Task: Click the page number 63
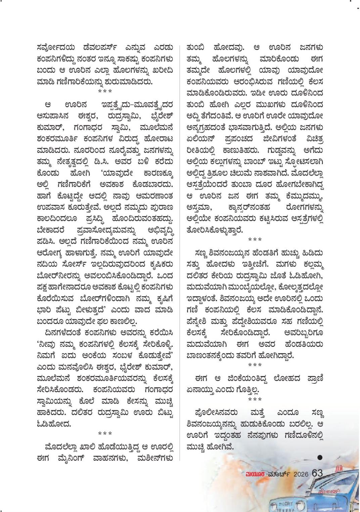(317, 473)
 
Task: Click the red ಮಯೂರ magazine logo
(256, 474)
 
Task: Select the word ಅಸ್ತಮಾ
(201, 207)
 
